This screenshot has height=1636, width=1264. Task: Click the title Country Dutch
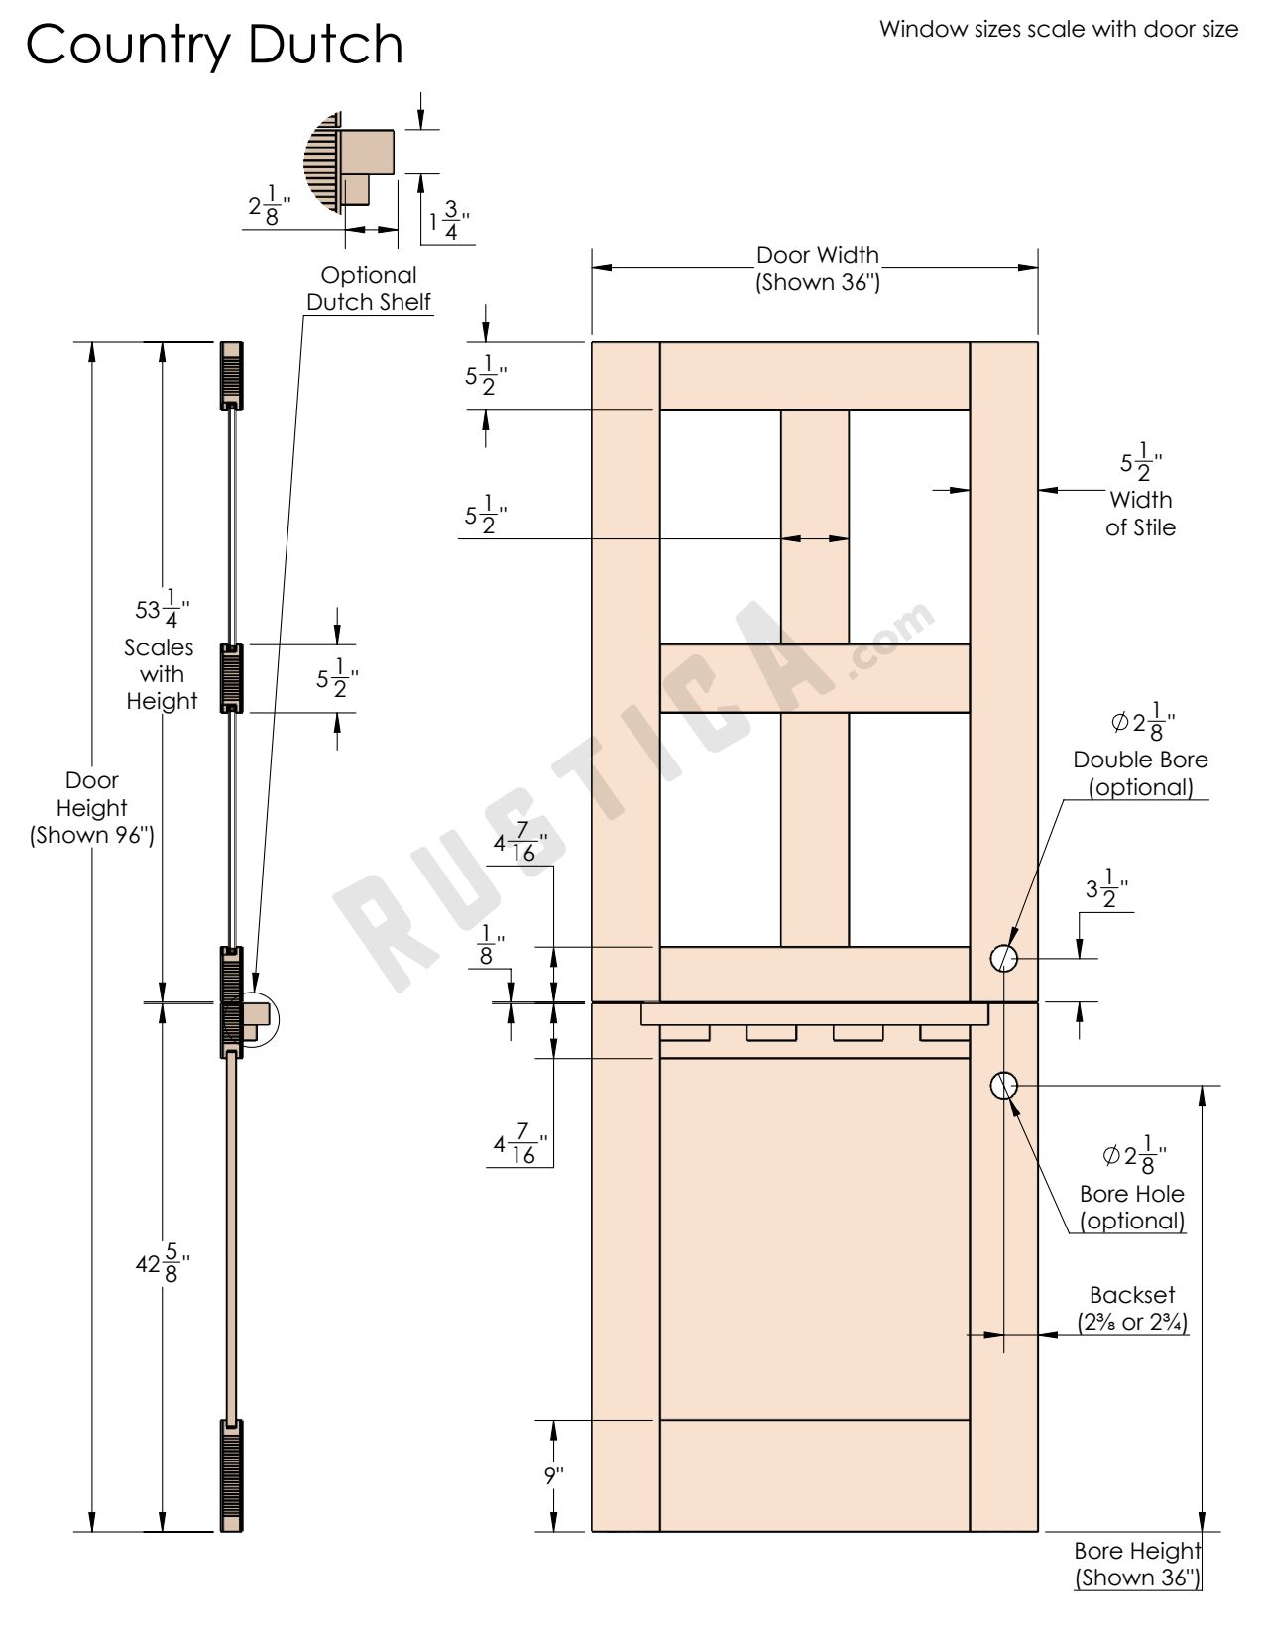(x=214, y=45)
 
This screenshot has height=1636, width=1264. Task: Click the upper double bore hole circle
(x=1004, y=958)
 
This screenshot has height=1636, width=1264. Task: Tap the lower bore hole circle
(x=1004, y=1086)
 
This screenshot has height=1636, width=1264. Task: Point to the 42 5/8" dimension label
(x=162, y=1263)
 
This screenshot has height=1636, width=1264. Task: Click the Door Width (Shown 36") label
(x=818, y=269)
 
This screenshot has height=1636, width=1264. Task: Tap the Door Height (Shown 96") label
(x=92, y=807)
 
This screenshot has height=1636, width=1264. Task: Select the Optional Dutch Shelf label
(x=369, y=289)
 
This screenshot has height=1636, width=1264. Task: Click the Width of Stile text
(x=1141, y=513)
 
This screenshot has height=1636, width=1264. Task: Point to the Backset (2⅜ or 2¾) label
(x=1132, y=1308)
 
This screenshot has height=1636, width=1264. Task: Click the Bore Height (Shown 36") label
(x=1137, y=1564)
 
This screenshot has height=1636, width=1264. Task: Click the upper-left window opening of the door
(x=720, y=526)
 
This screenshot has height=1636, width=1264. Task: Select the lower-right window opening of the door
(x=909, y=829)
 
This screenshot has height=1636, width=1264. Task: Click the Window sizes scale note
(x=1058, y=29)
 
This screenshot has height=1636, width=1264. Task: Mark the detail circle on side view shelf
(x=259, y=1018)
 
